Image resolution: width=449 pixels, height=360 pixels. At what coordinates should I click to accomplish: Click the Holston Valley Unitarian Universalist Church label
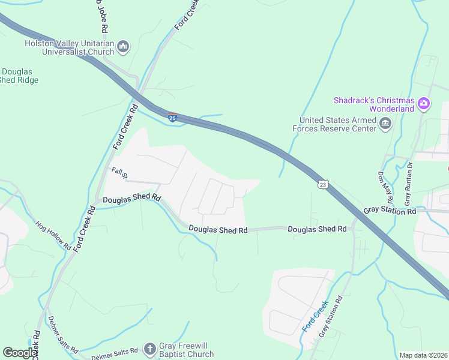(68, 47)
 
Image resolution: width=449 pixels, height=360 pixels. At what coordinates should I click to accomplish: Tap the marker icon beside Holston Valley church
(124, 47)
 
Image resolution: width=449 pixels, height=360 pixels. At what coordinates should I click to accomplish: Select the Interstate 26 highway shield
(172, 117)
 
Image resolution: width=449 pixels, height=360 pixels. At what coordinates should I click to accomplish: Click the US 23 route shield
(323, 184)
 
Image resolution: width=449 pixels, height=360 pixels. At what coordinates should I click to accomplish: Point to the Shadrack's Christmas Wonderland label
(374, 104)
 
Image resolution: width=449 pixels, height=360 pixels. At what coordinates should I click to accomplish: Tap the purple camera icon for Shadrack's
(424, 104)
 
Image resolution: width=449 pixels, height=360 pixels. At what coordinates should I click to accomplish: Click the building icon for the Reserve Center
(385, 124)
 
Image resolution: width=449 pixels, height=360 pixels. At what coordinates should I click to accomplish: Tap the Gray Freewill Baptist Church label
(186, 350)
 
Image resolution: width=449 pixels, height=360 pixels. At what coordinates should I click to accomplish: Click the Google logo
(19, 353)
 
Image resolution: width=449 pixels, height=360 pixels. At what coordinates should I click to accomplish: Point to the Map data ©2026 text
(423, 355)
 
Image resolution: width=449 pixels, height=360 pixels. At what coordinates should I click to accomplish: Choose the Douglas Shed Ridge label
(18, 76)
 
